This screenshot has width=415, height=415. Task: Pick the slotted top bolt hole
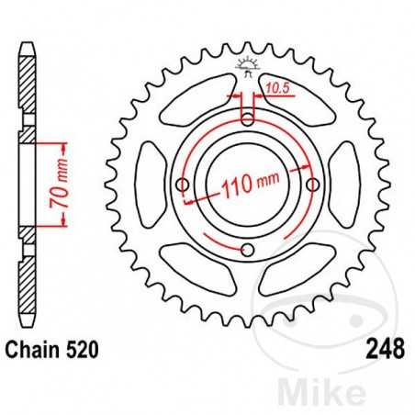247,114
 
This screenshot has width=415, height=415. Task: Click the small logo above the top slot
247,65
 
